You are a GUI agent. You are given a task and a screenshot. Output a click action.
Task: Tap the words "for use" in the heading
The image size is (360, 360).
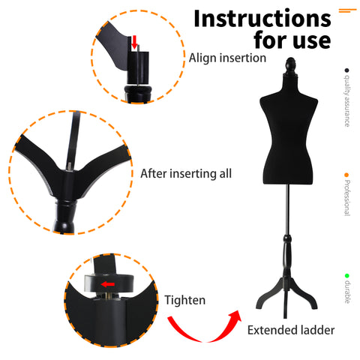[292, 40]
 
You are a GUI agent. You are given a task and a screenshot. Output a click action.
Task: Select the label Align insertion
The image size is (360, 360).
[227, 58]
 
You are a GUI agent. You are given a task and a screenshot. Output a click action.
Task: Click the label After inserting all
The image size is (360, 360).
[186, 173]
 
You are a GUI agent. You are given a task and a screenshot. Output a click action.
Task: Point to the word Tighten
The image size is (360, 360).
[184, 300]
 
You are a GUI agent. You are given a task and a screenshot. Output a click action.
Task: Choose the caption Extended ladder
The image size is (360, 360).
[291, 330]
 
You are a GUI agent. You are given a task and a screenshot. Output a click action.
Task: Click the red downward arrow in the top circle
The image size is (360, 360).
[134, 42]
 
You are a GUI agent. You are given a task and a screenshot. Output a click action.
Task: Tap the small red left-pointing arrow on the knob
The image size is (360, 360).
[108, 284]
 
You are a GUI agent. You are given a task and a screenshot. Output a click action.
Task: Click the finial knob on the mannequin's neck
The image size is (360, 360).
[290, 65]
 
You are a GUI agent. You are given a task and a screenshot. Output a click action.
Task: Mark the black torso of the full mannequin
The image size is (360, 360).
[289, 130]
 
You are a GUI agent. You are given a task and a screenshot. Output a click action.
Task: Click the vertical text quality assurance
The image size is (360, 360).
[346, 100]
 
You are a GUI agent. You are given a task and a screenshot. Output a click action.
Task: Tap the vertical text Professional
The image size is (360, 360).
[346, 198]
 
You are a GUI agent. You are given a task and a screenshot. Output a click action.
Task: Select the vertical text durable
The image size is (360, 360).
[347, 292]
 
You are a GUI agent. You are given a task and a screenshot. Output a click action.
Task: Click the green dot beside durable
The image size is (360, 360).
[346, 276]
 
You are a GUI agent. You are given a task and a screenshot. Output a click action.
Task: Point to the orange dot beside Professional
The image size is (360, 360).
[346, 175]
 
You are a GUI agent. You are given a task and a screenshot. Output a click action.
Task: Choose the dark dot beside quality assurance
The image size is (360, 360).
[346, 70]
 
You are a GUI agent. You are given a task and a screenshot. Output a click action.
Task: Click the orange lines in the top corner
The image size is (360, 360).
[348, 10]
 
